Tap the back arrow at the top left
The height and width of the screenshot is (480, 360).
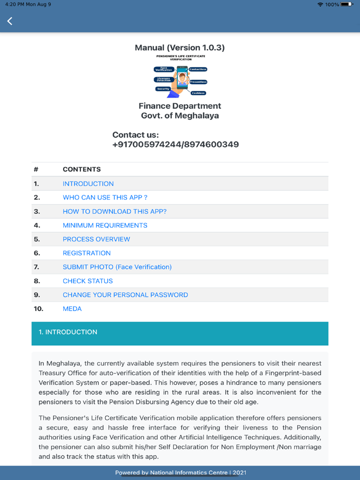[x=10, y=21]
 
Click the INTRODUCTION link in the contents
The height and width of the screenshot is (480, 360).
[x=88, y=183]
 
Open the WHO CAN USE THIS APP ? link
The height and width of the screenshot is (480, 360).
[x=105, y=197]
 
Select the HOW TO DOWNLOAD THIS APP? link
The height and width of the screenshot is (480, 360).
[x=114, y=211]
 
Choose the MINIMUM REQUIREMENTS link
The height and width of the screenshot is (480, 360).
[x=105, y=225]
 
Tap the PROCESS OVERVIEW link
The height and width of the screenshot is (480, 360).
[x=96, y=239]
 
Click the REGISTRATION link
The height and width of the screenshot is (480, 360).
[x=86, y=253]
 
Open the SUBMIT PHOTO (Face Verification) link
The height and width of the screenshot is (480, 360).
[x=117, y=267]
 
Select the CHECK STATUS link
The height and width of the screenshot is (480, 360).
[x=87, y=281]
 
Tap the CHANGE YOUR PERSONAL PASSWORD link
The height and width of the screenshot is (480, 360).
[x=125, y=295]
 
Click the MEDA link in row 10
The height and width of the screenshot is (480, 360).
[x=72, y=309]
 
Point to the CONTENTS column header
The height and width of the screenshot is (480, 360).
[x=82, y=169]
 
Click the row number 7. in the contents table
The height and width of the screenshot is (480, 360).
[x=37, y=267]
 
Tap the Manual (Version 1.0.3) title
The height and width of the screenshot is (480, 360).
[x=179, y=48]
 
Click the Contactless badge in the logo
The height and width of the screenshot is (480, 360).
[x=197, y=69]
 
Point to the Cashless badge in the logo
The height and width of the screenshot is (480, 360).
[x=198, y=93]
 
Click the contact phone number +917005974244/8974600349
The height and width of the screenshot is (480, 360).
[x=175, y=144]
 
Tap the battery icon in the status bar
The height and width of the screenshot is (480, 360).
[x=347, y=4]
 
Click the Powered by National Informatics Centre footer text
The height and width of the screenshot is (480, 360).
[x=181, y=473]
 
